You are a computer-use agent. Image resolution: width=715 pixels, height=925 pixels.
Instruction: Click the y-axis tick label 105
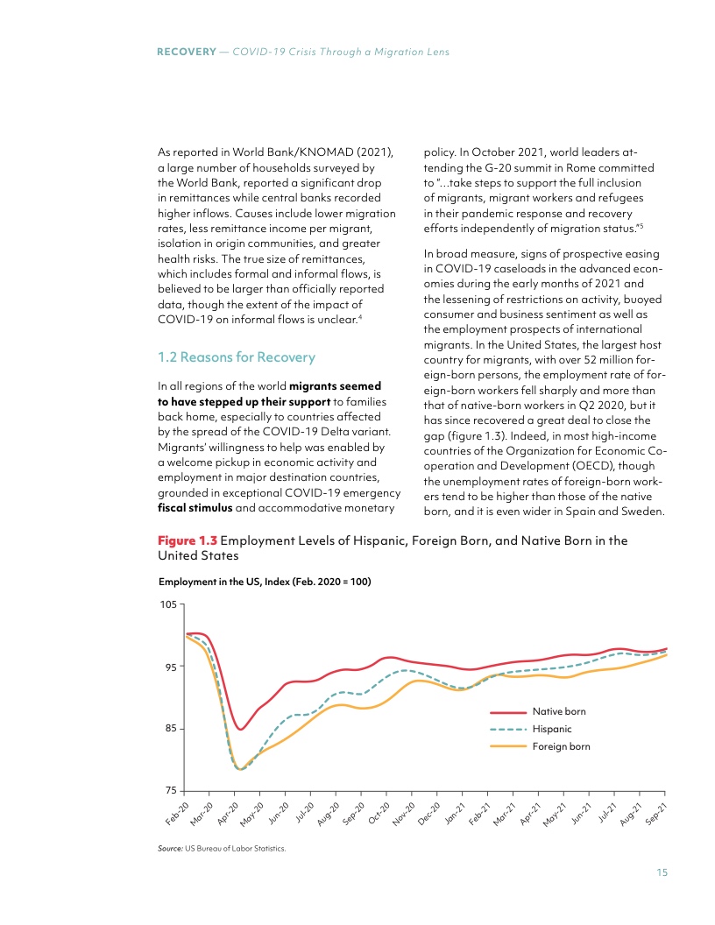(x=169, y=604)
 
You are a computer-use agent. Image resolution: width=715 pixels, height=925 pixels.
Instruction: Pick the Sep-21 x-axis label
(x=656, y=812)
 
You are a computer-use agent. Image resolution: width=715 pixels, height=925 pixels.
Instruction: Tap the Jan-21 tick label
(x=454, y=812)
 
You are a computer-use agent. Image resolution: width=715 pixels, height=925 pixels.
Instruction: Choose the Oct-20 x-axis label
(x=379, y=812)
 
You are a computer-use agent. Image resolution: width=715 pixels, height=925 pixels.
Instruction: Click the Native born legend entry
(x=559, y=711)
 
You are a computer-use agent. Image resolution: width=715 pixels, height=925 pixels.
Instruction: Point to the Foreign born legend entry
(x=561, y=746)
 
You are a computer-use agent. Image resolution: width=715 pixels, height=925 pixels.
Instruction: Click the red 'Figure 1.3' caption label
(x=186, y=540)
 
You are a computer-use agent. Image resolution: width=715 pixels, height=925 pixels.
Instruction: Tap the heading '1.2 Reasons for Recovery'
(x=236, y=357)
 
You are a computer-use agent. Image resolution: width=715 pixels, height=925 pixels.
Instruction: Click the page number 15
(x=662, y=872)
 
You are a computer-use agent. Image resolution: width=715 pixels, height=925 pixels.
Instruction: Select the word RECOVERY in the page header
(x=186, y=52)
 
